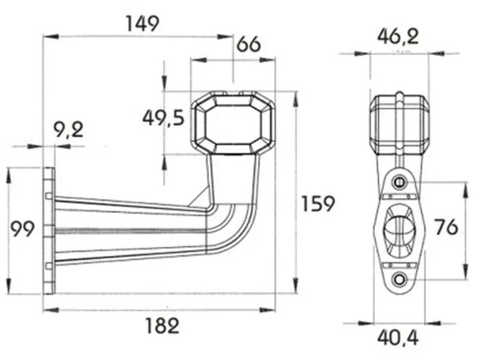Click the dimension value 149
coord(142,23)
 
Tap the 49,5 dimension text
coord(163,118)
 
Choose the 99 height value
coord(22,227)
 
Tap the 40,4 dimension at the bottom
coord(398,339)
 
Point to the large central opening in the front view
coord(398,230)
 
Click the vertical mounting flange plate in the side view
coord(49,231)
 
